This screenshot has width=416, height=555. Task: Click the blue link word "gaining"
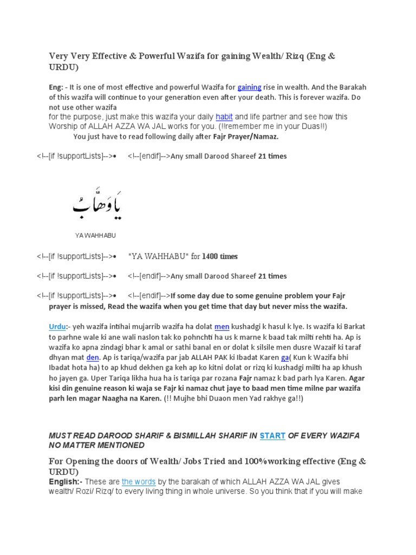(x=249, y=87)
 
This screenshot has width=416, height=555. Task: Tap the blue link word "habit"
(x=224, y=117)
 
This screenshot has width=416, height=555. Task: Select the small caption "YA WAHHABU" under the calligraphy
(x=95, y=236)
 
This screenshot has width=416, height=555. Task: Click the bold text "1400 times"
(x=220, y=256)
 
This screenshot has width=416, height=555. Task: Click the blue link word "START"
(x=272, y=435)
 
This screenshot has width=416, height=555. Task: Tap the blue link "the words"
(x=139, y=481)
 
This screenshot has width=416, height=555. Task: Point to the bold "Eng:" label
(x=57, y=87)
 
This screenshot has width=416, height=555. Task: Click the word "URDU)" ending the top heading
(x=64, y=67)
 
